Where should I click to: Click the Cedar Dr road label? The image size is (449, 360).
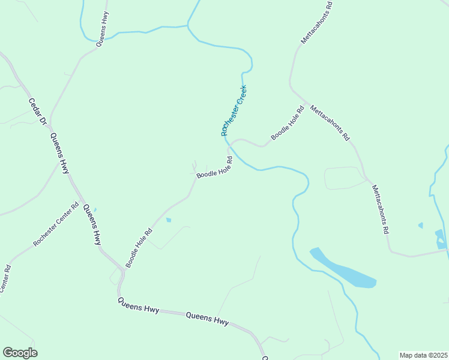(x=38, y=112)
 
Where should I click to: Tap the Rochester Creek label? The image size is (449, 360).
(x=234, y=110)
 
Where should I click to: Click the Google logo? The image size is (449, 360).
(x=20, y=352)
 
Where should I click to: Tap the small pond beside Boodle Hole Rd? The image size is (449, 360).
(x=168, y=220)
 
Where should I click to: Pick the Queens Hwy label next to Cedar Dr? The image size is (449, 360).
(x=60, y=153)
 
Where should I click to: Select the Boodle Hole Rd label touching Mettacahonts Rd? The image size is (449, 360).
(x=288, y=123)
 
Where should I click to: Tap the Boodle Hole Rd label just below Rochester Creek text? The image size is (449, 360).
(x=214, y=167)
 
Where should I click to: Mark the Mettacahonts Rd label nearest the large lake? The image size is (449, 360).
(x=381, y=209)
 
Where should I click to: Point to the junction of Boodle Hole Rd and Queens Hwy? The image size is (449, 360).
(x=122, y=272)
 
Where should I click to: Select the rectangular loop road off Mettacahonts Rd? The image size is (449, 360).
(x=345, y=178)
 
